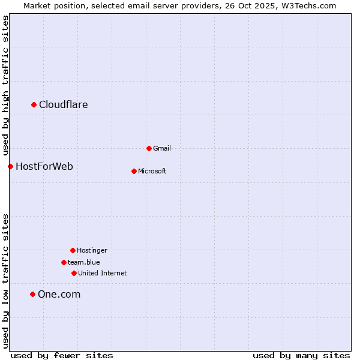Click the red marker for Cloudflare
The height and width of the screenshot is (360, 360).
click(x=34, y=105)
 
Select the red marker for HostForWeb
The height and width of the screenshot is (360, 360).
click(x=10, y=166)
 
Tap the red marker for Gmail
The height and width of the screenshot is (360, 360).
click(x=149, y=148)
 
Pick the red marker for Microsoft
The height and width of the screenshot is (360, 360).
click(x=134, y=171)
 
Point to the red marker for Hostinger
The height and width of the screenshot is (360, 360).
click(x=73, y=250)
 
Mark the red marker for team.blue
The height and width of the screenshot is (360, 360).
click(x=64, y=262)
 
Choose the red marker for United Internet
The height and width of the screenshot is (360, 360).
click(x=74, y=273)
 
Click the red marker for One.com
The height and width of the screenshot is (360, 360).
click(x=32, y=294)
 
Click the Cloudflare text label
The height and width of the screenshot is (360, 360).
click(x=64, y=105)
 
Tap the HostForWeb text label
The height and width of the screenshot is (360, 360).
click(x=44, y=166)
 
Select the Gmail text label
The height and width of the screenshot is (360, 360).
click(x=162, y=148)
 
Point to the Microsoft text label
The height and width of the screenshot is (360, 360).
click(x=152, y=171)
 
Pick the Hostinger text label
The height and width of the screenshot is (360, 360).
click(x=92, y=250)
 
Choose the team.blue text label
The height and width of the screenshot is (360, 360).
click(x=84, y=262)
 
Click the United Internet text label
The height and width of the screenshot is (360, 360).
click(x=103, y=273)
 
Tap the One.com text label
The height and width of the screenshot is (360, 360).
click(x=59, y=294)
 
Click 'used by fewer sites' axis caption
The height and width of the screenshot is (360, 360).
click(x=62, y=355)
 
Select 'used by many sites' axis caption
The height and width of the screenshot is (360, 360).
click(x=301, y=355)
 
